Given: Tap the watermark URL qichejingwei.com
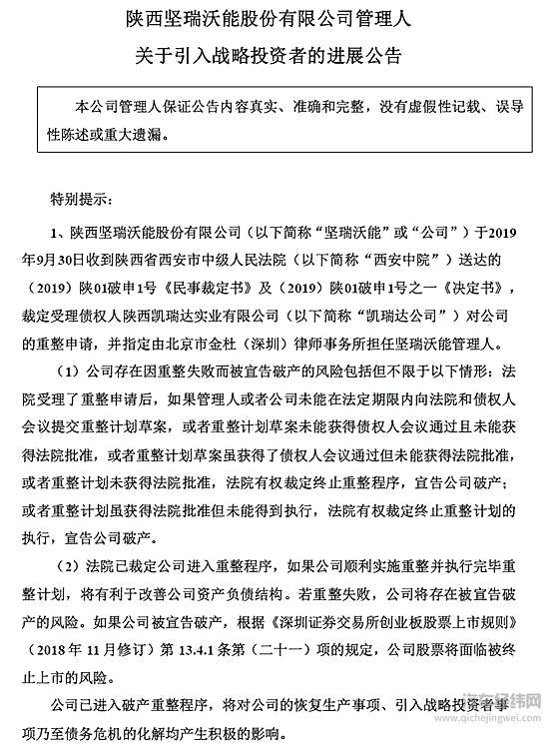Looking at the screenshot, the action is point(498,728).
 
